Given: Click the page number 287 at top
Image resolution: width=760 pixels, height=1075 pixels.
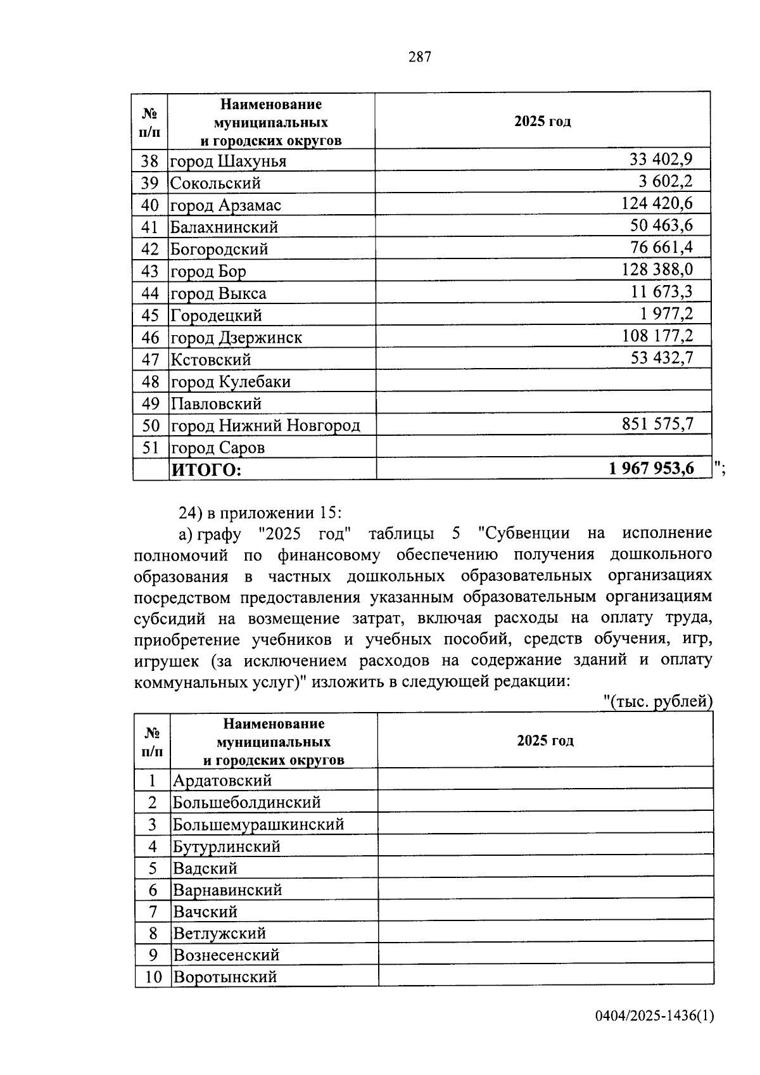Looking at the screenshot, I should click(x=420, y=57).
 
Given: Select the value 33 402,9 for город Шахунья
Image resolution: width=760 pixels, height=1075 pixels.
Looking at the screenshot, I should click(x=661, y=159).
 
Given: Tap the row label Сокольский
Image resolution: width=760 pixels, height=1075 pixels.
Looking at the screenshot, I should click(x=215, y=183).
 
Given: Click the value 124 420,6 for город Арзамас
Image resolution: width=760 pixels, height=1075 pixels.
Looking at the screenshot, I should click(x=657, y=203).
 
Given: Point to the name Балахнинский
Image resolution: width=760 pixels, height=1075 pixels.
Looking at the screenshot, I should click(x=224, y=227).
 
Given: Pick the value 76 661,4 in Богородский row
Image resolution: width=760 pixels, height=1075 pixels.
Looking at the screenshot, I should click(x=661, y=247).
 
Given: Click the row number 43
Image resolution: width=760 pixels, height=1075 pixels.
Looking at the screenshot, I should click(x=150, y=271).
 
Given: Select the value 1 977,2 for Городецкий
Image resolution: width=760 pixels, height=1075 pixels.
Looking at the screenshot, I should click(x=665, y=313).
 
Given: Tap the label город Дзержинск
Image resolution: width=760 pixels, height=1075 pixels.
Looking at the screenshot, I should click(x=236, y=337).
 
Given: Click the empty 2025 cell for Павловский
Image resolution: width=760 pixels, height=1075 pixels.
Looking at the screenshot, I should click(x=543, y=403).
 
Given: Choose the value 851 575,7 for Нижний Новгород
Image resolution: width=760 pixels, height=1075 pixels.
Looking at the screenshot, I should click(x=657, y=423).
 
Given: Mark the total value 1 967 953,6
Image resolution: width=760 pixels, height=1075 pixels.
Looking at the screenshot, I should click(x=652, y=468).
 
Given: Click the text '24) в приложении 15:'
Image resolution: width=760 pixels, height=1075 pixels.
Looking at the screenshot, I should click(x=260, y=512).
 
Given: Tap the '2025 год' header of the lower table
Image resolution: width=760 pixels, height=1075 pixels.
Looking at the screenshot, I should click(x=545, y=741).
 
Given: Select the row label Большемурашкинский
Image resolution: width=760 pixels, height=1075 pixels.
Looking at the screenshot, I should click(x=258, y=824).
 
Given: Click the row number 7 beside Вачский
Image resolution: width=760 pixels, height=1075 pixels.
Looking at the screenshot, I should click(x=153, y=912).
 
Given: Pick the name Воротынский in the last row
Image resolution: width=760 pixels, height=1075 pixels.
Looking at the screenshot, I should click(x=225, y=977).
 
